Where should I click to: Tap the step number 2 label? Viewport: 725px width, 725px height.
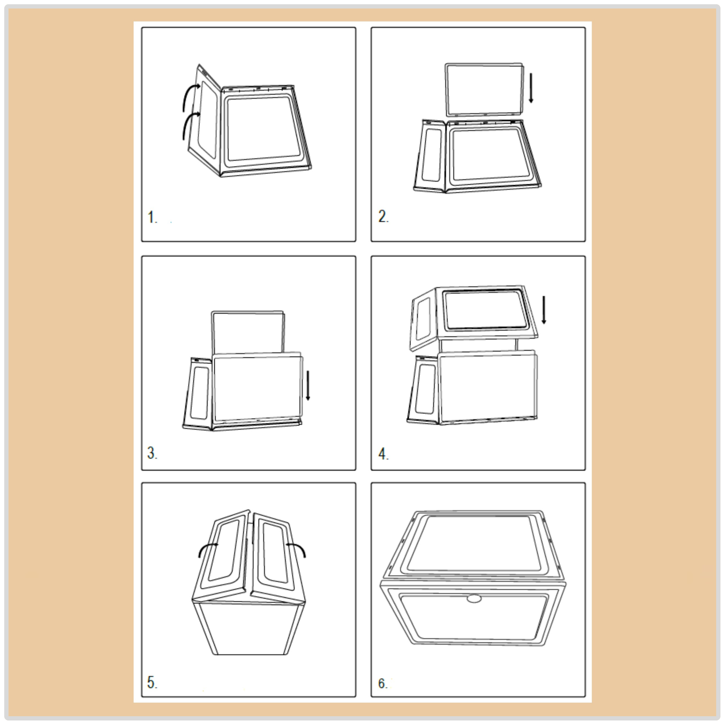tap(383, 217)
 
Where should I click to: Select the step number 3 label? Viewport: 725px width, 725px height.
tap(152, 453)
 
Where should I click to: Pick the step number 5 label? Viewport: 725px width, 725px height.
tap(152, 682)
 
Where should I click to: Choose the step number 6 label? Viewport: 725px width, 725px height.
tap(383, 683)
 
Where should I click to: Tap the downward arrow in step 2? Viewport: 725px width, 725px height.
tap(531, 88)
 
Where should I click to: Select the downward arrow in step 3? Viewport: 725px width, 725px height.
tap(308, 385)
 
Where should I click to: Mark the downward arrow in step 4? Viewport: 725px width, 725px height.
tap(544, 310)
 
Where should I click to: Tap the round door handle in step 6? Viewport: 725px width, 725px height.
tap(474, 598)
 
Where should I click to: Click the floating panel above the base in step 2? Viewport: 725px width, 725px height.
tap(484, 90)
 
